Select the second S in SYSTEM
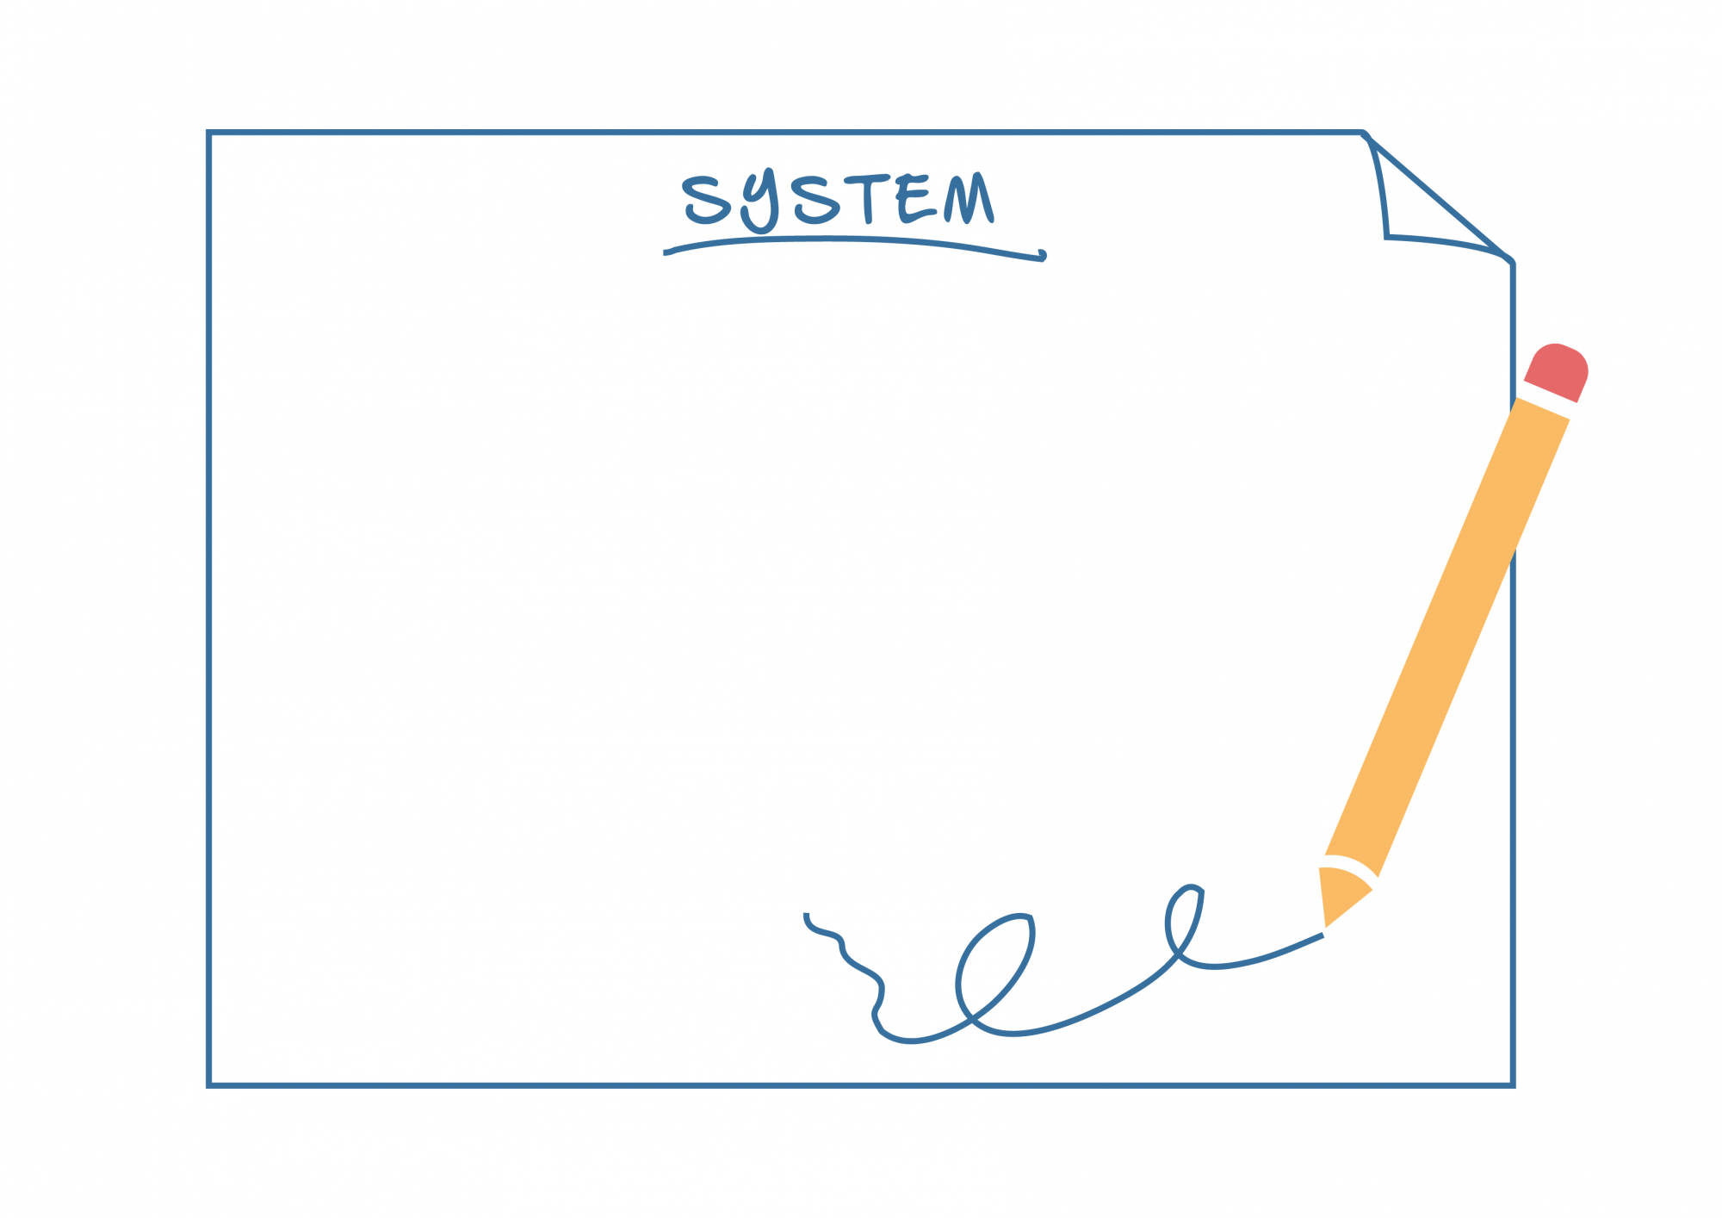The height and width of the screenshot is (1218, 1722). (815, 201)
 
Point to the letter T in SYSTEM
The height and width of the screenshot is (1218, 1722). (867, 198)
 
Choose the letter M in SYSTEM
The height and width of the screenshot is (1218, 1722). (969, 199)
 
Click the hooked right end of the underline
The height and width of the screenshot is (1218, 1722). (1042, 255)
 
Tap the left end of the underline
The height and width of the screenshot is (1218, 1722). (666, 253)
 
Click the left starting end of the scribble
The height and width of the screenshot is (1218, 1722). (807, 916)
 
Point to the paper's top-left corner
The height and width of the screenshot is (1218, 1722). (209, 133)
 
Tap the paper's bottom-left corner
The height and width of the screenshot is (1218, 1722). (209, 1085)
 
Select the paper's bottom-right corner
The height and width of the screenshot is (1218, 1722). (1513, 1085)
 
